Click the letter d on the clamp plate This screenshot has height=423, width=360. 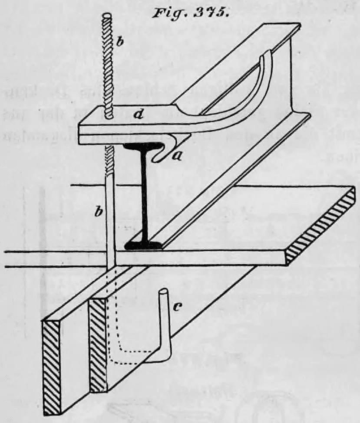pyautogui.click(x=138, y=115)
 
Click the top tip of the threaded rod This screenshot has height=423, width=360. pyautogui.click(x=108, y=15)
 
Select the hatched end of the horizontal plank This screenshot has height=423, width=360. pyautogui.click(x=321, y=226)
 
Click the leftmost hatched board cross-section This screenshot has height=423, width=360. pyautogui.click(x=52, y=368)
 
